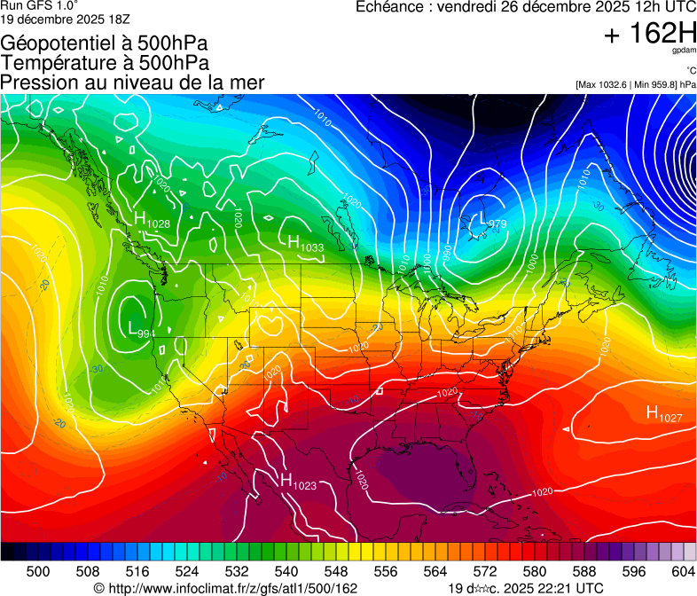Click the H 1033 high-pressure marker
[300, 241]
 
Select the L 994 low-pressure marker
[141, 330]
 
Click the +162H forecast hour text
[649, 34]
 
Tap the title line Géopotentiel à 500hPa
[105, 43]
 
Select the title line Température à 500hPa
[105, 63]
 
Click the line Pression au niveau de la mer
[132, 82]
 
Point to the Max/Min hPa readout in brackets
[635, 85]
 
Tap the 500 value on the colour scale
[38, 569]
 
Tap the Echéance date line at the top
[526, 7]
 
